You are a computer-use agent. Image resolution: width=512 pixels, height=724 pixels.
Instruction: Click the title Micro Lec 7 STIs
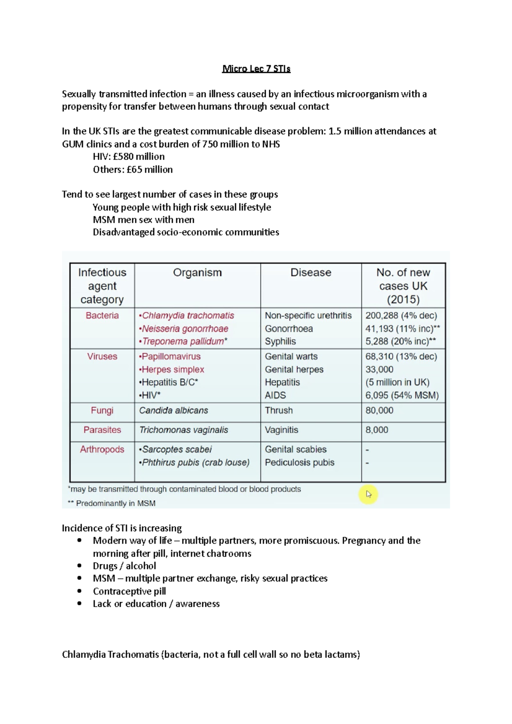point(256,69)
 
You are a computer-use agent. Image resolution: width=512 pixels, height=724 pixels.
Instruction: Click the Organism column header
point(197,272)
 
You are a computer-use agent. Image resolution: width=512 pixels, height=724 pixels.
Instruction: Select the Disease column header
point(311,272)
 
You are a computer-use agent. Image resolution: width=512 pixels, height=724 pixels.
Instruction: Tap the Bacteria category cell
point(102,316)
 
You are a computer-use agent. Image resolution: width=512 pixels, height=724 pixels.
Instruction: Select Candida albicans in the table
point(174,411)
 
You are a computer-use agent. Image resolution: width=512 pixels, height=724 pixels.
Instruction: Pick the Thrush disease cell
point(279,411)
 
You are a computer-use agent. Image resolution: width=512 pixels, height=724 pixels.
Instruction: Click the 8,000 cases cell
point(377,430)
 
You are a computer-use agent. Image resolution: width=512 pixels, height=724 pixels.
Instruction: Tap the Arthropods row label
point(102,449)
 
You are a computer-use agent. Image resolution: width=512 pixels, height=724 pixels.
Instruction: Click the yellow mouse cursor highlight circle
point(369,494)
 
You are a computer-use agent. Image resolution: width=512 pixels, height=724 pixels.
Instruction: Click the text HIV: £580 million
point(128,156)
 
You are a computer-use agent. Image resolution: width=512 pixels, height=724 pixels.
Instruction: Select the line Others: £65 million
point(133,170)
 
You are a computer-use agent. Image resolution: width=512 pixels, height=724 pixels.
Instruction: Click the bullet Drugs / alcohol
point(124,566)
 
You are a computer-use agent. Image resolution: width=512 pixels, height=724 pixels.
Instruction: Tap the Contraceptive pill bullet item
point(129,591)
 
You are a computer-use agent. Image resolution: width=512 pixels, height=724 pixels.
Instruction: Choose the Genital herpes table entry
point(294,370)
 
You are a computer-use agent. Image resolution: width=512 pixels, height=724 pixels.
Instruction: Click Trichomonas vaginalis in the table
point(183,430)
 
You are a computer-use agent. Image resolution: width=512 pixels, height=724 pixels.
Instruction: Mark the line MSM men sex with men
point(143,220)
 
